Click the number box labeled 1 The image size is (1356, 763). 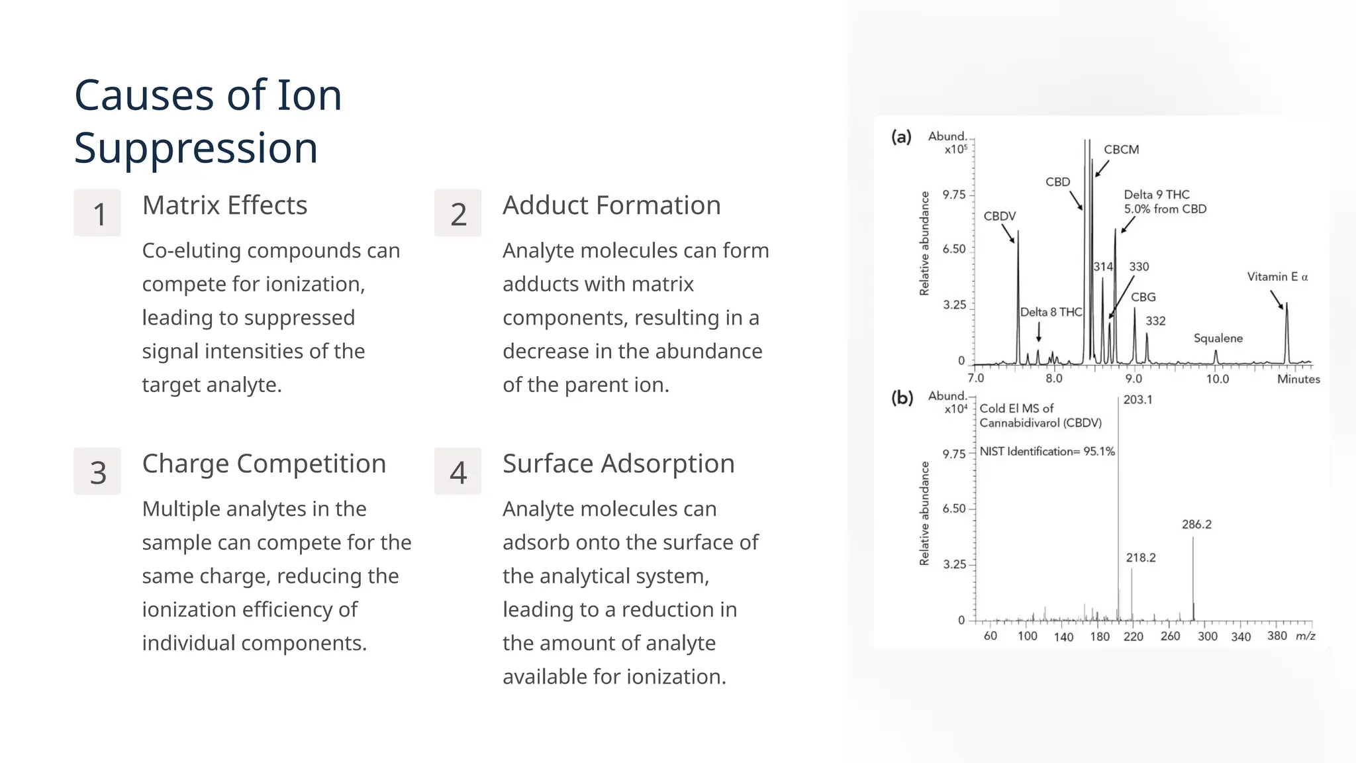click(x=97, y=213)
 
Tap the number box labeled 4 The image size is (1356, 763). click(x=458, y=472)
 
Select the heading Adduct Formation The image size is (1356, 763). click(x=611, y=205)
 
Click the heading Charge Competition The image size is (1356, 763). click(x=264, y=464)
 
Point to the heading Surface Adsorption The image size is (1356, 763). click(x=618, y=464)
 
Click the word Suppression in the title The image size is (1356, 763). click(x=196, y=148)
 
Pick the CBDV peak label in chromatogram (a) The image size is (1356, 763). click(x=999, y=216)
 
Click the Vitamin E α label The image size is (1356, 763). click(x=1277, y=277)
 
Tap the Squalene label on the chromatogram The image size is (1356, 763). click(x=1218, y=338)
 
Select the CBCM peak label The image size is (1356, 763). click(x=1121, y=150)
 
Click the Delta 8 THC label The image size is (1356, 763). click(x=1051, y=312)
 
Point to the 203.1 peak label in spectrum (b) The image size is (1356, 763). click(x=1138, y=399)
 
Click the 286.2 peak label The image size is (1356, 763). click(x=1196, y=525)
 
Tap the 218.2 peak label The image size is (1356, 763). click(x=1141, y=558)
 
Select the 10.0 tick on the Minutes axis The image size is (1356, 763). click(x=1217, y=379)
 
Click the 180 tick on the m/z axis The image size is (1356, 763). click(x=1100, y=636)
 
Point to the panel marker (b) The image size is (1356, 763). click(x=902, y=397)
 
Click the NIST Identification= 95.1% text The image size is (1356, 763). click(x=1047, y=452)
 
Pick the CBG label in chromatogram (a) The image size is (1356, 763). click(x=1143, y=297)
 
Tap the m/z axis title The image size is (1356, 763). click(x=1305, y=636)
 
